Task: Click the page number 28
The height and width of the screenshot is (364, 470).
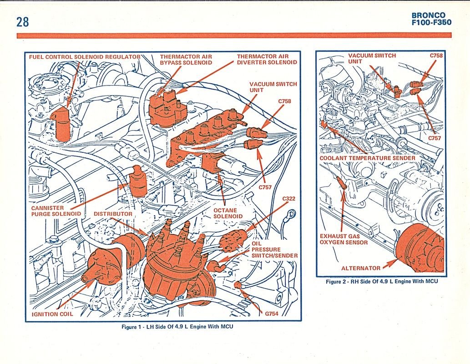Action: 22,22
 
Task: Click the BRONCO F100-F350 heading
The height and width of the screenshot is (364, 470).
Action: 431,19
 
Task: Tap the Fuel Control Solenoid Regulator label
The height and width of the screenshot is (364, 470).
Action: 85,57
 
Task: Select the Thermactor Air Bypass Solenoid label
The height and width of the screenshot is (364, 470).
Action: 186,60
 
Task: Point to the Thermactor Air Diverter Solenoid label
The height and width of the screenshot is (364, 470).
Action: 267,59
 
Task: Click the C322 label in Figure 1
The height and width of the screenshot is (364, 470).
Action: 288,198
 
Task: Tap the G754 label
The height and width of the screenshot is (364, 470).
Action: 272,313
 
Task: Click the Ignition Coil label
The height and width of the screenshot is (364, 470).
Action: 52,314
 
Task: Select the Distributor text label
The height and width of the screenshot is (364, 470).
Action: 113,214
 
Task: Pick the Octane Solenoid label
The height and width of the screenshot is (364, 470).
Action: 228,213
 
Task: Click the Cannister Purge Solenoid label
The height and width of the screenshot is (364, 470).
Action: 56,211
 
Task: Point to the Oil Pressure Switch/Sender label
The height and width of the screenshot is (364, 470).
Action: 274,249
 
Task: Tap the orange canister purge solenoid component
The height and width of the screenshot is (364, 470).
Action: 137,182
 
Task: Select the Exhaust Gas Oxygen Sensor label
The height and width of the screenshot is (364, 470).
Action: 344,239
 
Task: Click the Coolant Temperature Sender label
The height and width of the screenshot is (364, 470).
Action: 368,158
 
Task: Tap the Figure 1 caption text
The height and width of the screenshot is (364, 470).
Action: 177,326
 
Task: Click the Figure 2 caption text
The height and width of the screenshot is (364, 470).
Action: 382,281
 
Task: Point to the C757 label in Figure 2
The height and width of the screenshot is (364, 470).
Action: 435,138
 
